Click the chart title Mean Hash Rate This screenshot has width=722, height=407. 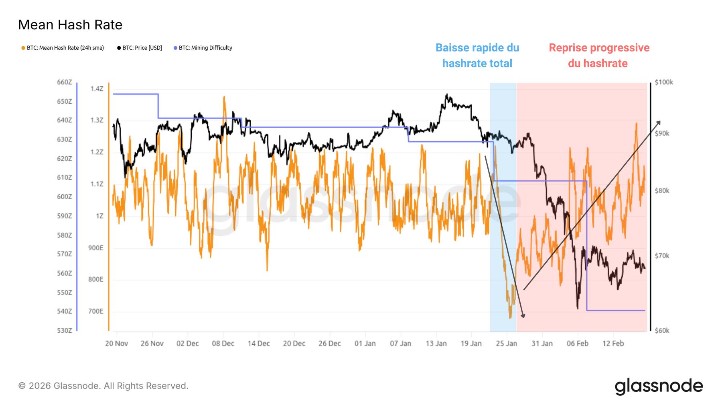click(x=70, y=25)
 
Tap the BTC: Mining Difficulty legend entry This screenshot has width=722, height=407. click(x=205, y=48)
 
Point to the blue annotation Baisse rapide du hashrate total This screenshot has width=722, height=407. click(x=477, y=55)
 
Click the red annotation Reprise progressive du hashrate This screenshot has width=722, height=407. click(x=599, y=55)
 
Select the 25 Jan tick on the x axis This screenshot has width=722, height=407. click(x=507, y=344)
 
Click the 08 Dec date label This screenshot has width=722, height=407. click(x=223, y=344)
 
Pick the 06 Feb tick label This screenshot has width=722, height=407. click(x=578, y=344)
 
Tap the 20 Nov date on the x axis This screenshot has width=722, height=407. click(x=117, y=344)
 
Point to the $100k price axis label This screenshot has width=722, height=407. click(x=663, y=82)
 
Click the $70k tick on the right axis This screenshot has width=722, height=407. click(x=662, y=256)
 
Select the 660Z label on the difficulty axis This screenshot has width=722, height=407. click(x=65, y=82)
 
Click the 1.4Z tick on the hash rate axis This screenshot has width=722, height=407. click(x=97, y=89)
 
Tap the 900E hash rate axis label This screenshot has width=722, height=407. click(x=96, y=248)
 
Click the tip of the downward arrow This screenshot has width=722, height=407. click(x=523, y=317)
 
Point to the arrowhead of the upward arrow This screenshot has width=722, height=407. click(x=659, y=122)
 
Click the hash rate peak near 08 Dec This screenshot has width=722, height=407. click(x=224, y=97)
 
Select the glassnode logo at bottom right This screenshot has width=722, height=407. click(x=659, y=386)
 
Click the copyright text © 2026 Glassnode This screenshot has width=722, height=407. click(x=103, y=386)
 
